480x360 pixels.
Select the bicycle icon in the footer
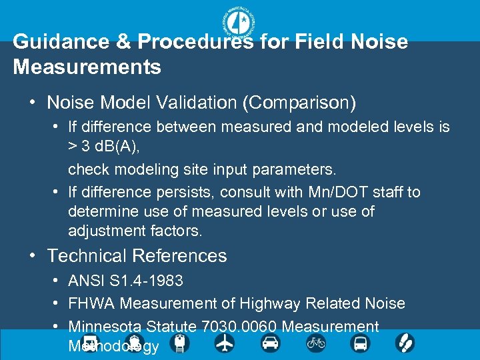pos(315,343)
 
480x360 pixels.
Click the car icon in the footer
pos(270,343)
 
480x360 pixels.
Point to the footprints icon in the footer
pos(405,343)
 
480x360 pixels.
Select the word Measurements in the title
pos(87,67)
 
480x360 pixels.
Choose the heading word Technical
pos(87,256)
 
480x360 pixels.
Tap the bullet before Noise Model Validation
pos(33,103)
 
